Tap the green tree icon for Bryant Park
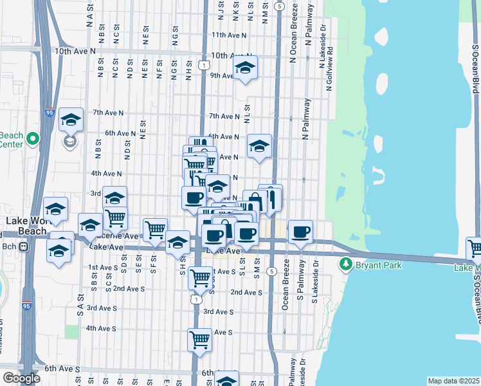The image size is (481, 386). point(346,264)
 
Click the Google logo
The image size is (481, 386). point(21,378)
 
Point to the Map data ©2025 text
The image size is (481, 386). point(453,381)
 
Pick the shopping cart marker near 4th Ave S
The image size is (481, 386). point(199,338)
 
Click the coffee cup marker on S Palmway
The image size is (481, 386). point(300,232)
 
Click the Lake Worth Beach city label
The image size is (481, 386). point(26,225)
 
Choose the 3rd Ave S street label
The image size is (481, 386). point(219,311)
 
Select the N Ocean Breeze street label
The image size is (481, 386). point(293,38)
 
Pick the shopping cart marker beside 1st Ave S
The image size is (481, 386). point(201,277)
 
